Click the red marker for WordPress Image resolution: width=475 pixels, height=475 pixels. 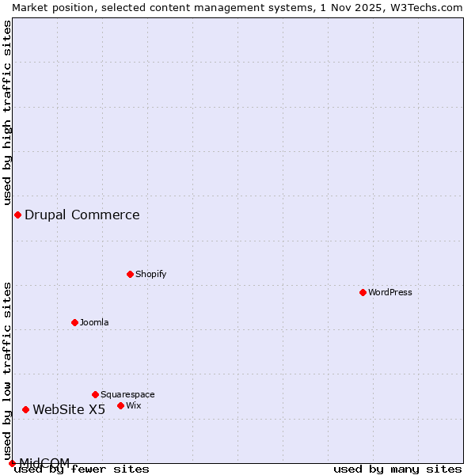point(363,292)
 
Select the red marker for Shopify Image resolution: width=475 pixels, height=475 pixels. point(130,274)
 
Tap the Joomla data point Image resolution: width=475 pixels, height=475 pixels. point(74,322)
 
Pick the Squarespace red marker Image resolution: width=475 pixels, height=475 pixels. point(95,394)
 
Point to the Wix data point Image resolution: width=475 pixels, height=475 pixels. point(120,405)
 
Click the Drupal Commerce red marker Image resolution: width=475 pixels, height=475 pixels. point(17,215)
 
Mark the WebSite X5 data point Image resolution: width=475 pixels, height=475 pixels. point(25,409)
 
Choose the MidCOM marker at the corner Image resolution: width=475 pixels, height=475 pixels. point(12,463)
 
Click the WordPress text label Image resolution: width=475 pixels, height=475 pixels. point(390,292)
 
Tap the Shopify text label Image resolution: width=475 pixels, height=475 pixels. point(151,274)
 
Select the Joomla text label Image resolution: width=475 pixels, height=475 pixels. point(94,322)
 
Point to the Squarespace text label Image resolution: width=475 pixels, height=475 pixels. point(127,394)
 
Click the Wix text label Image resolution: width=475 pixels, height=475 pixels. point(134,405)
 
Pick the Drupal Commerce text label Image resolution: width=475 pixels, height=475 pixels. point(82,215)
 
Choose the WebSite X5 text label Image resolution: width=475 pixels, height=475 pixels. point(69,409)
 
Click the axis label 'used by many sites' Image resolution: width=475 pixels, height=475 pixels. point(397,469)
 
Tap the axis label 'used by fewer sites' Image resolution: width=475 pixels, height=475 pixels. point(82,469)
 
